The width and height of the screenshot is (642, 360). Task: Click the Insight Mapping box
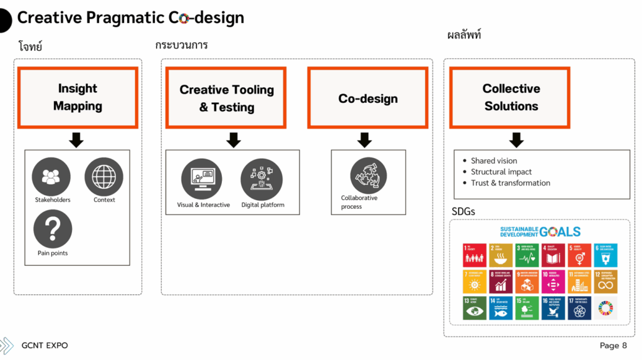(x=77, y=97)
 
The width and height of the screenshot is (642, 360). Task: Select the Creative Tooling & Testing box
(x=226, y=98)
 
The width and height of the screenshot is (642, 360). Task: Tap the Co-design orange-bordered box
(x=367, y=98)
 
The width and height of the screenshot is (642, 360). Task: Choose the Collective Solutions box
(x=510, y=97)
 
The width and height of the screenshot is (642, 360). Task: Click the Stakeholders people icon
(x=52, y=176)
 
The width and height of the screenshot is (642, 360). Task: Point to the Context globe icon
(x=104, y=176)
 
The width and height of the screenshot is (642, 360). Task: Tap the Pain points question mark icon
(x=52, y=230)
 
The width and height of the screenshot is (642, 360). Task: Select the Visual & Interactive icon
(x=202, y=179)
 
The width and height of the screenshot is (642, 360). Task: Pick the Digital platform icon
(x=261, y=179)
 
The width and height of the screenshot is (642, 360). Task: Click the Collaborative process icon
(x=369, y=175)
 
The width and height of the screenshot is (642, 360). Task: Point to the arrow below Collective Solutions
(x=516, y=140)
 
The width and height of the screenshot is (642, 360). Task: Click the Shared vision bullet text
(x=494, y=161)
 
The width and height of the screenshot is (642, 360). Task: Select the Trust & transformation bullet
(x=510, y=183)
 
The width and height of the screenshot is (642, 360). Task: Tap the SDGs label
(x=463, y=211)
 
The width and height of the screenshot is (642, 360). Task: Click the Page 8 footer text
(x=613, y=346)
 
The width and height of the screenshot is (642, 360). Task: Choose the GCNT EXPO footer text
(x=45, y=346)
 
